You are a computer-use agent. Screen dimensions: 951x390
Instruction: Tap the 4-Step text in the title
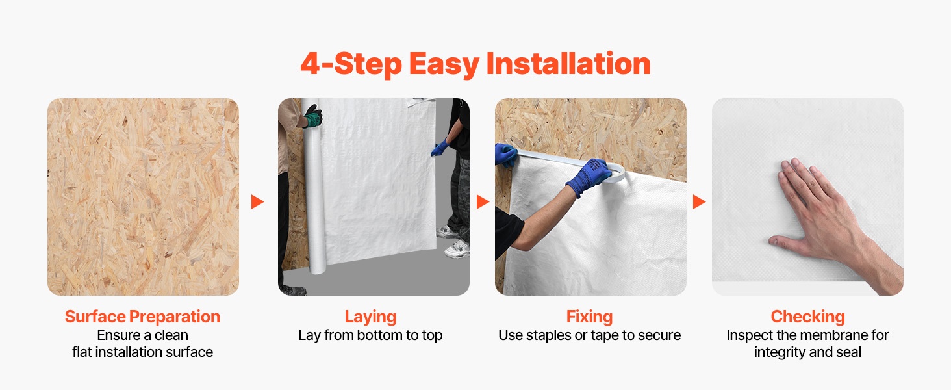point(351,64)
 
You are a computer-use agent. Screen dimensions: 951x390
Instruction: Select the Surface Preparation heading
point(143,317)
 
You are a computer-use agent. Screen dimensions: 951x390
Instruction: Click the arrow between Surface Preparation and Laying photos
point(257,201)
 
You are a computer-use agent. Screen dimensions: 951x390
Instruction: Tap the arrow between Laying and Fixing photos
point(483,201)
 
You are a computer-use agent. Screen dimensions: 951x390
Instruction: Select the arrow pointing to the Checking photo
point(699,201)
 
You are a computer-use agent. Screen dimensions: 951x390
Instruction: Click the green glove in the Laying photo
point(313,116)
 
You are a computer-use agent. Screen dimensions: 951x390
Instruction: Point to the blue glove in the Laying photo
point(440,148)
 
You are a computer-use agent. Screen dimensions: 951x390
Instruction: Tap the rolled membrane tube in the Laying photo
point(314,187)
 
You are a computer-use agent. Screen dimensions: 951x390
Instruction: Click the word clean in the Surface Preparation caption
point(171,335)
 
